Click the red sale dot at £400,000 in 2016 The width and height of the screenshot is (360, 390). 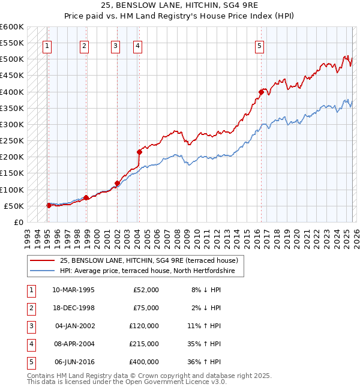[x=261, y=92]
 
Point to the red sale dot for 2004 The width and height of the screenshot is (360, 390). [x=139, y=152]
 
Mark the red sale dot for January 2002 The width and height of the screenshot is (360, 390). [x=117, y=183]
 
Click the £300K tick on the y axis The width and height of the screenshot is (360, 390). [x=12, y=124]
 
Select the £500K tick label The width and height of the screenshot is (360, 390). [x=12, y=59]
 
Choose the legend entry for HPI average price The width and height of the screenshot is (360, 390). [x=151, y=271]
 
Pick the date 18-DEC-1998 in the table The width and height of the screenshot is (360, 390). [x=73, y=308]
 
